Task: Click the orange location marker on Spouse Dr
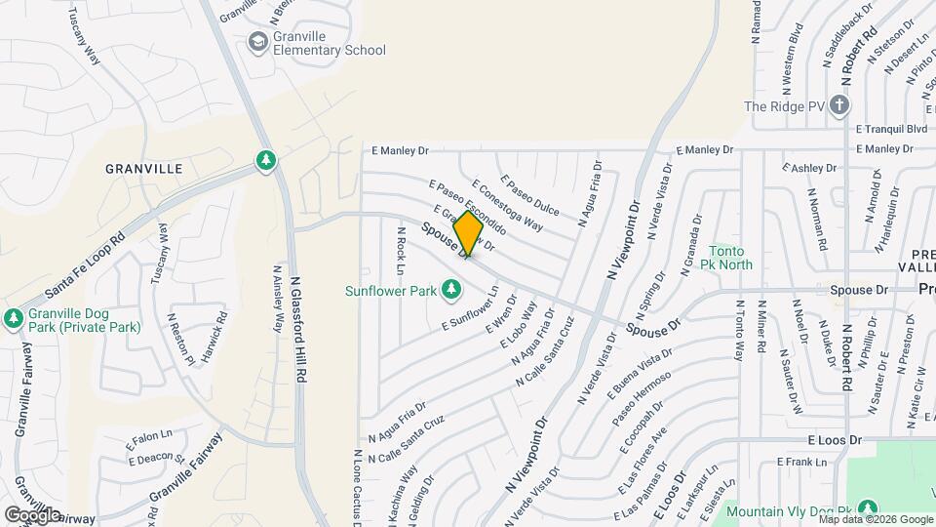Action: tap(468, 233)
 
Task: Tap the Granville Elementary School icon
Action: tap(257, 41)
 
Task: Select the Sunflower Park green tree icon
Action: tap(450, 289)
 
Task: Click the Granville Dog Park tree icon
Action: tap(14, 318)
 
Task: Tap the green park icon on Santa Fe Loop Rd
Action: tap(265, 160)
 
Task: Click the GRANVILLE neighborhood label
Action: tap(143, 169)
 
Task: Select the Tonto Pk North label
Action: tap(730, 258)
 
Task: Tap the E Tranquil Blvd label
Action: tap(890, 129)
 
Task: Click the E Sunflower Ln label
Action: tap(470, 309)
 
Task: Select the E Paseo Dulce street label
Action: tap(529, 195)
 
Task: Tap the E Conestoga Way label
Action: tap(506, 204)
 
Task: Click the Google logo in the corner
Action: tap(32, 514)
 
